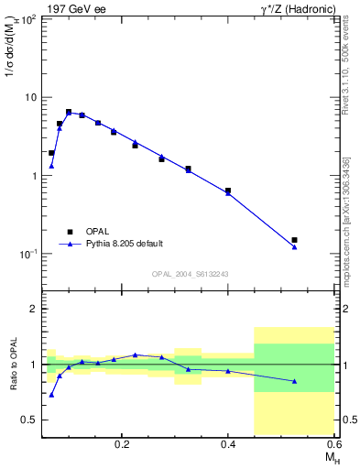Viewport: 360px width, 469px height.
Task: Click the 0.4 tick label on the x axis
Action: (228, 443)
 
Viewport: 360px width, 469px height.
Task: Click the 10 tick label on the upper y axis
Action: (30, 97)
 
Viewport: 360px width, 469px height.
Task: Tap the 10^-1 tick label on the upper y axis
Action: (27, 253)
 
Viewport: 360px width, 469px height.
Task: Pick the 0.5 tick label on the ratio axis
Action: (27, 420)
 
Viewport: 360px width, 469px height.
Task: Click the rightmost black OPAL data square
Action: (294, 240)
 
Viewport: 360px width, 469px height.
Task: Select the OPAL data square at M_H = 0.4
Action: (228, 191)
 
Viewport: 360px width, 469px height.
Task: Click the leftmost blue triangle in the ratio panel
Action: (51, 395)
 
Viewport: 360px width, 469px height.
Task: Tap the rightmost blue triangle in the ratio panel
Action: (294, 381)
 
